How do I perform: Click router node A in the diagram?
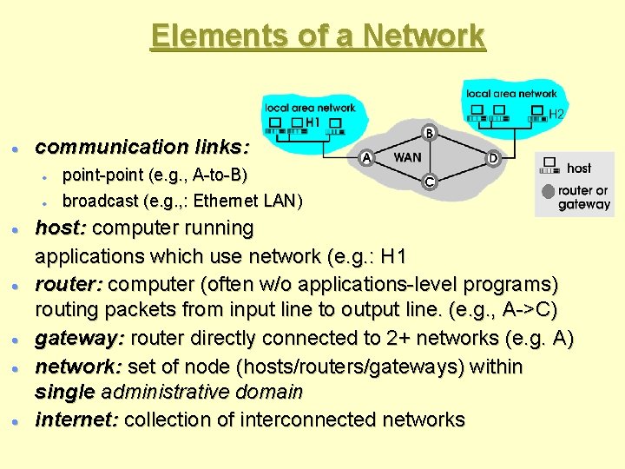pos(366,158)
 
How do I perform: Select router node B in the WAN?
pos(430,132)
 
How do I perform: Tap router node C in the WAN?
pos(429,182)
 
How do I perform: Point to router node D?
pos(493,158)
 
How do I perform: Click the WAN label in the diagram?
pos(408,158)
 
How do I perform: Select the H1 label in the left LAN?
pos(312,122)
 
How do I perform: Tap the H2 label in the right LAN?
pos(556,114)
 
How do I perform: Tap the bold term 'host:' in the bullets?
pos(61,228)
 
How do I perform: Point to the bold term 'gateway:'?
pos(76,339)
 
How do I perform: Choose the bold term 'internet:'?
pos(77,419)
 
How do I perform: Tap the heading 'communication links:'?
pos(141,146)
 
